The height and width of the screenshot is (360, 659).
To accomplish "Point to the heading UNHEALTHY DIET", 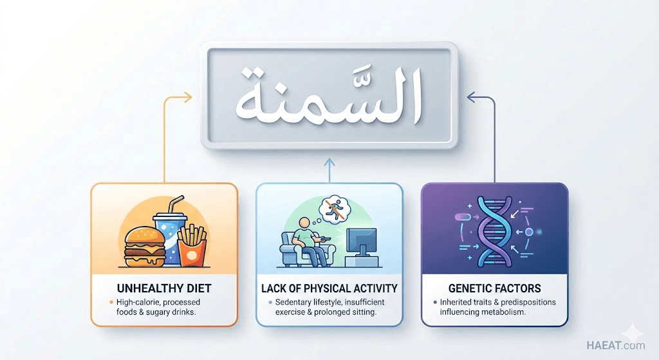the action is (164, 289).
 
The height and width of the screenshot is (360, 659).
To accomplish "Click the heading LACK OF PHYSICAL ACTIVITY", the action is (329, 289).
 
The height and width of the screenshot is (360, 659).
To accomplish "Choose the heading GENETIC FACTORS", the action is (495, 289).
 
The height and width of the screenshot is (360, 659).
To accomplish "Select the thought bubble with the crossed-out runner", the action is (334, 208).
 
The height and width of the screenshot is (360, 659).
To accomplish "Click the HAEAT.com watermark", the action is (616, 346).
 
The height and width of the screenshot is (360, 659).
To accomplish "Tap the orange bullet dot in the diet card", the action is (111, 302).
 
